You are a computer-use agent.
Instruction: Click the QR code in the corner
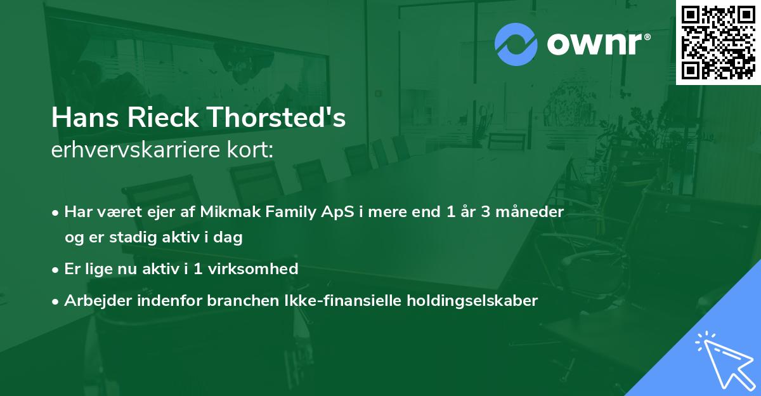click(718, 42)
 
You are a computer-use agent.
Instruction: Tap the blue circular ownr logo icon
click(516, 44)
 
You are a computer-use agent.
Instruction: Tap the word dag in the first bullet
click(230, 238)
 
